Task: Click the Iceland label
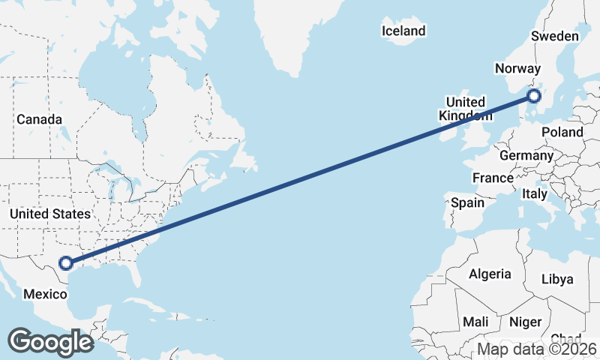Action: click(x=403, y=31)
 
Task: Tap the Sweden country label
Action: click(x=554, y=37)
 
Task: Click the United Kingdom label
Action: click(x=466, y=109)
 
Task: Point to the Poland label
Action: click(x=562, y=132)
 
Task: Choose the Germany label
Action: click(x=526, y=156)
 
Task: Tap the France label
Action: click(x=492, y=178)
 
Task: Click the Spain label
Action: click(x=467, y=202)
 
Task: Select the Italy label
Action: click(x=535, y=193)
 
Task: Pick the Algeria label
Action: click(x=490, y=274)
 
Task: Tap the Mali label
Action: click(x=475, y=322)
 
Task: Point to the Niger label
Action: click(x=525, y=322)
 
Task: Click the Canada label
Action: click(x=39, y=119)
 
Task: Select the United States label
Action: click(x=49, y=214)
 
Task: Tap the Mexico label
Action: click(x=45, y=294)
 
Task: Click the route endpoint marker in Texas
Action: click(x=66, y=263)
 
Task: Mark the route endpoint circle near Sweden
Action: click(x=533, y=95)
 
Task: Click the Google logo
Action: click(x=50, y=342)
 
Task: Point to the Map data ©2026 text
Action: click(x=537, y=349)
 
